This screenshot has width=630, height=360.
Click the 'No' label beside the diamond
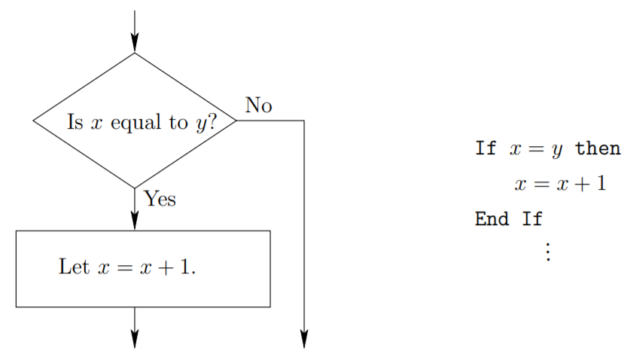[x=258, y=106]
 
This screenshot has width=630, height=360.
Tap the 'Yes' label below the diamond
[x=160, y=199]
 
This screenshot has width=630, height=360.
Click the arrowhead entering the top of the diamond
[x=135, y=44]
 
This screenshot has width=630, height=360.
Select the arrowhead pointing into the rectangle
[x=135, y=220]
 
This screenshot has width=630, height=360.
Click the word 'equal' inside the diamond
[x=135, y=123]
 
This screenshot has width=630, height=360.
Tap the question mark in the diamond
[x=211, y=122]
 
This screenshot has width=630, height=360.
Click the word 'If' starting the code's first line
[x=485, y=148]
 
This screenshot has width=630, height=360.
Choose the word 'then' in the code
[x=598, y=148]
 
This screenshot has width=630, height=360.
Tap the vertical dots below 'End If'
[x=547, y=251]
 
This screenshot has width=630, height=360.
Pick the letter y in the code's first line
[x=556, y=150]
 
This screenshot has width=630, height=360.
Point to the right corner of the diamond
[x=236, y=121]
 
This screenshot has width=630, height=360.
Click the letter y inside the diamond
[x=199, y=125]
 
